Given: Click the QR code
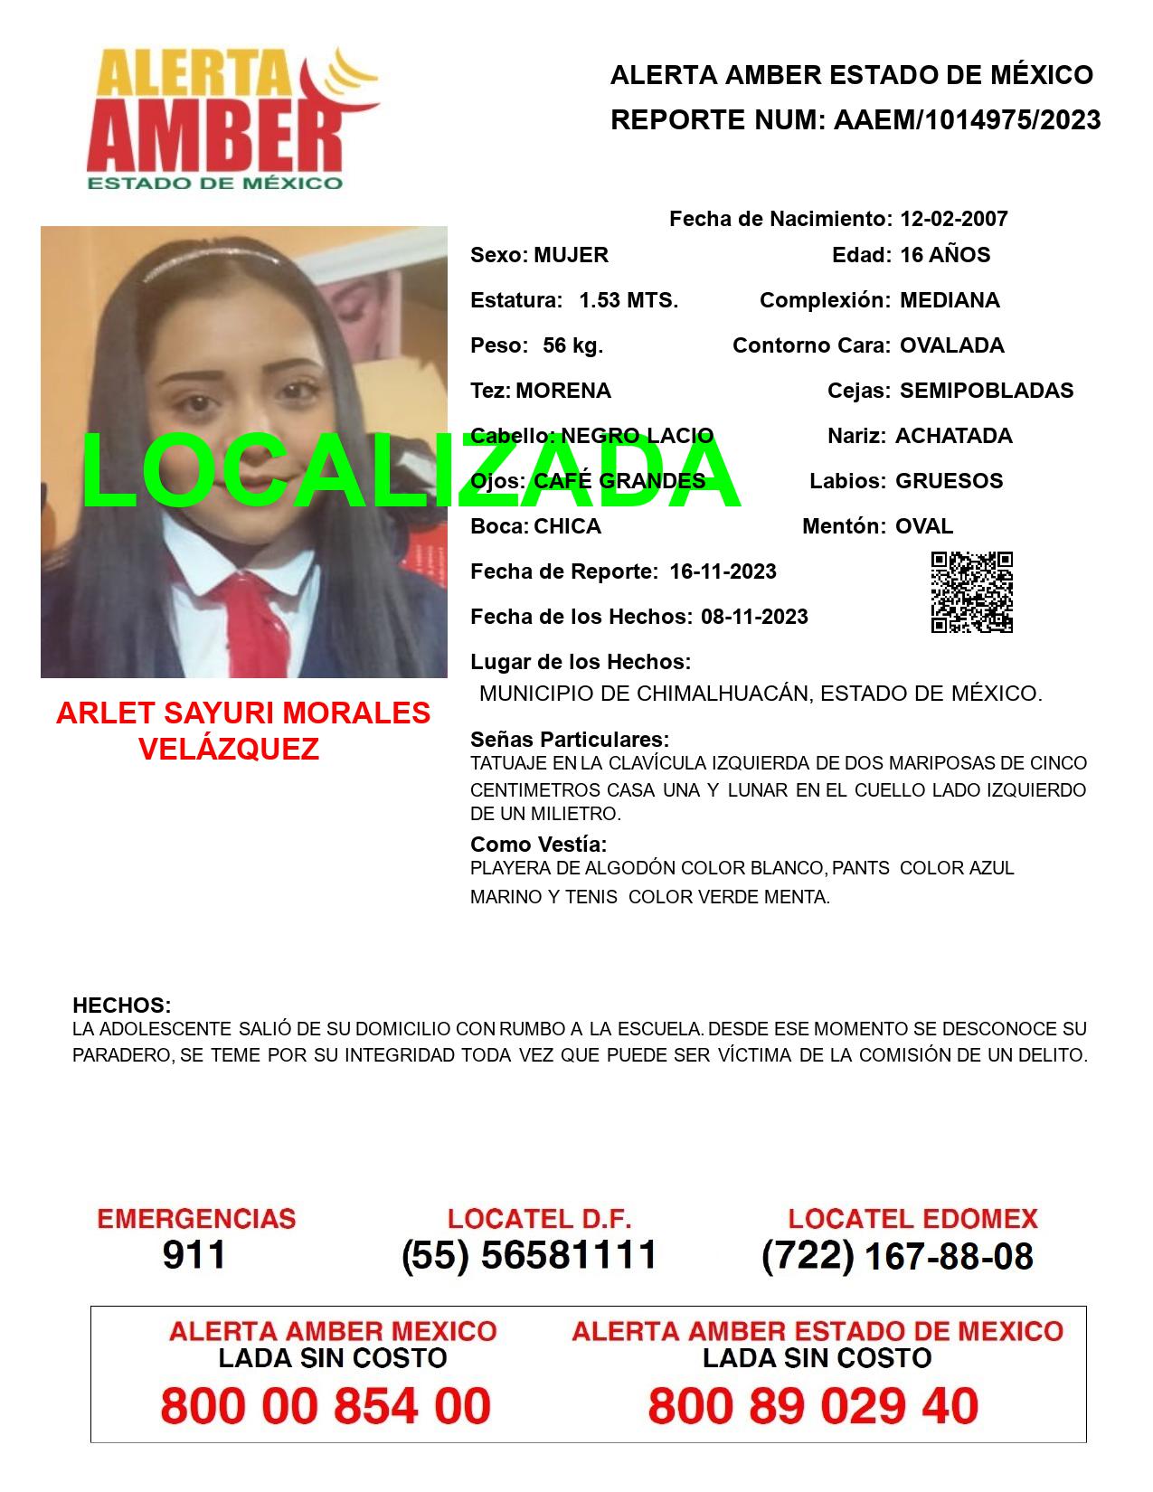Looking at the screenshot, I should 972,592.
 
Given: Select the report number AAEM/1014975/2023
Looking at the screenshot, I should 967,120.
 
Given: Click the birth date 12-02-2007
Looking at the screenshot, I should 953,219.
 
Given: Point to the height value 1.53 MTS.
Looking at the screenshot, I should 628,300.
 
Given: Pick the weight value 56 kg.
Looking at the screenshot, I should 572,345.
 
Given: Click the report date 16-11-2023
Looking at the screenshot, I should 723,571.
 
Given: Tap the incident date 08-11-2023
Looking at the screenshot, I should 754,617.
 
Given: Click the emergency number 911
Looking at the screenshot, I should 194,1255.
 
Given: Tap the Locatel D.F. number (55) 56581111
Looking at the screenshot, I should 529,1255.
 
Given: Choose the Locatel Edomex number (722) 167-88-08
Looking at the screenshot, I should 897,1255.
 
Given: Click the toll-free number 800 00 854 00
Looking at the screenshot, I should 326,1406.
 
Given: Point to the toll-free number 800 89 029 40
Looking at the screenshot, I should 813,1406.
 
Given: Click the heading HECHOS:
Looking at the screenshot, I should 121,1006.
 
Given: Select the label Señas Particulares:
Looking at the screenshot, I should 570,740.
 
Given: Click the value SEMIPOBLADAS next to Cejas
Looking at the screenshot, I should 987,391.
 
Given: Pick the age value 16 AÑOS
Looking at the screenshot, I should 945,255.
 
